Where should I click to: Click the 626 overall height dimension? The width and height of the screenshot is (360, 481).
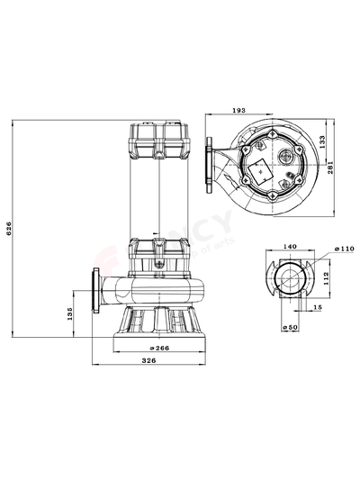tap(10, 231)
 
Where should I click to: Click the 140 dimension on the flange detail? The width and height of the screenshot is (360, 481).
tap(290, 245)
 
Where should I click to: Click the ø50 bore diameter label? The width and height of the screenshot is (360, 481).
tap(289, 326)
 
